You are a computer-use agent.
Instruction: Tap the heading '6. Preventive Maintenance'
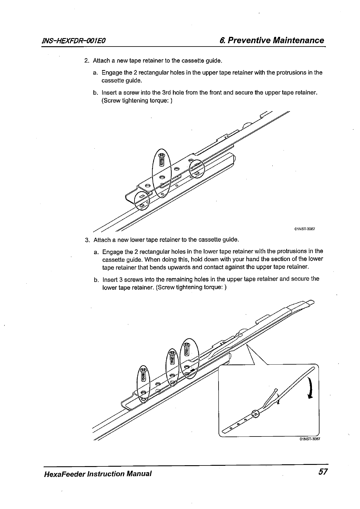click(x=272, y=40)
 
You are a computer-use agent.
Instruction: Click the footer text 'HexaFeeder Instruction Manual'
click(x=97, y=473)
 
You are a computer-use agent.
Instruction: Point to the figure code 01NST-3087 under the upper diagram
click(x=305, y=229)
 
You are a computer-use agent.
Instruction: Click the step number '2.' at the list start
click(x=87, y=61)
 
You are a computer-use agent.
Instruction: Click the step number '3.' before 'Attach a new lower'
click(x=88, y=240)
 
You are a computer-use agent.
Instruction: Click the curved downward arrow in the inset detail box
click(x=310, y=388)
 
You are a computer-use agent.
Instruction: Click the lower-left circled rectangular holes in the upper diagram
click(x=142, y=200)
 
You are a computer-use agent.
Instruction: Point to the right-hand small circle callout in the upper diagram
click(x=197, y=169)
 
